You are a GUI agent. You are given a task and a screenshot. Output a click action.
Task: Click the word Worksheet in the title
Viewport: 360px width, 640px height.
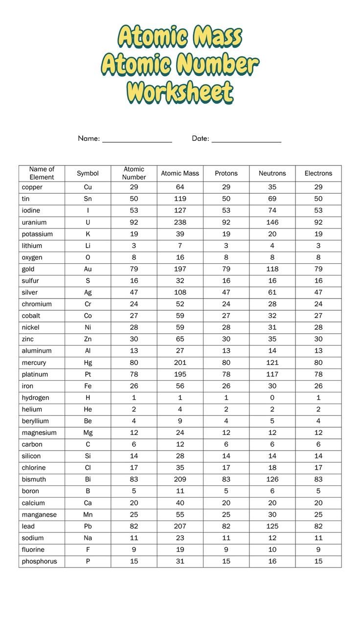point(180,92)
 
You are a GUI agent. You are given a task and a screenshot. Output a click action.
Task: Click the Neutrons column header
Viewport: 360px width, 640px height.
point(272,173)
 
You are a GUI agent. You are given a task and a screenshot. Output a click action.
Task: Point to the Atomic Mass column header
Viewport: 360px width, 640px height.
point(180,173)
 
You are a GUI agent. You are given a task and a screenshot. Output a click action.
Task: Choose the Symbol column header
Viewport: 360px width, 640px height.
point(88,173)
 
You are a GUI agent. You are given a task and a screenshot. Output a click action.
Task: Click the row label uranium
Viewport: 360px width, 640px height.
point(34,222)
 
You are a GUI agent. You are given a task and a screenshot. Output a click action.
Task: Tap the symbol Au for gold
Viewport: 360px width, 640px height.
point(88,269)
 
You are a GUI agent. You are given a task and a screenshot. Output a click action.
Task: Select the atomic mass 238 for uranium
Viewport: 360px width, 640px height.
point(180,222)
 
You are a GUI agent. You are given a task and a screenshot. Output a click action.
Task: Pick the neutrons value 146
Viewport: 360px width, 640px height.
point(272,222)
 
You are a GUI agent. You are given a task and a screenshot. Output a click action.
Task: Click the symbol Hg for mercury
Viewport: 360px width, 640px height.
point(88,363)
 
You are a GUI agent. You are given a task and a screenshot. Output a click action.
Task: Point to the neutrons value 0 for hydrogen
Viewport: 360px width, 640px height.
point(272,398)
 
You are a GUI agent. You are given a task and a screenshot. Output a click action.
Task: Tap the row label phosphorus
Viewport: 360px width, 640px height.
point(39,561)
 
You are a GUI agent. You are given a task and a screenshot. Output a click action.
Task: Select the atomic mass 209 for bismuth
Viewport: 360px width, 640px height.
point(180,480)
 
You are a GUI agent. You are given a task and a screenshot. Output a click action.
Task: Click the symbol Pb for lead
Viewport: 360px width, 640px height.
point(88,526)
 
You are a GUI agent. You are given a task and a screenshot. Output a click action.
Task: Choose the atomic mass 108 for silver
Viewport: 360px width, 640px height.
point(180,293)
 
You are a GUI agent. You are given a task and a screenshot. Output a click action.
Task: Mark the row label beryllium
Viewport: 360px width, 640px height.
point(35,421)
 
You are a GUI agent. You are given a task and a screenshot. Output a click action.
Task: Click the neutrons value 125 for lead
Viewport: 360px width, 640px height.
point(272,526)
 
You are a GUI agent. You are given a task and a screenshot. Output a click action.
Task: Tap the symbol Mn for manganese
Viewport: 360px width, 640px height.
point(88,514)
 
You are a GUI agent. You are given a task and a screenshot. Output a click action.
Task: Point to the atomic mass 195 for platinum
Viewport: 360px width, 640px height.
point(180,374)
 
